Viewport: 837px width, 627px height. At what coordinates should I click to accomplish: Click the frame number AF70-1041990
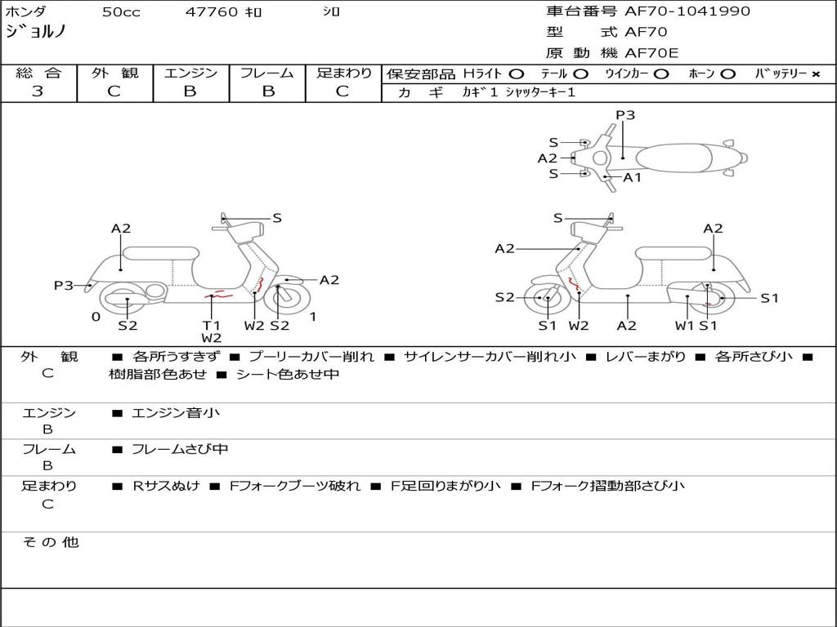click(x=687, y=11)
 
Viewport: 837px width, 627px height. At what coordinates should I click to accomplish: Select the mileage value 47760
click(x=212, y=11)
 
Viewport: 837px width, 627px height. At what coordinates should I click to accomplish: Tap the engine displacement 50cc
click(x=121, y=11)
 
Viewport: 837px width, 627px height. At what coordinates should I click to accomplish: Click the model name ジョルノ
click(x=36, y=32)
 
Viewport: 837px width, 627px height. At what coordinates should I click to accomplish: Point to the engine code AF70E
click(x=651, y=53)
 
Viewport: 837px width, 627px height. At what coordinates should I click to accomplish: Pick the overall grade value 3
click(x=38, y=91)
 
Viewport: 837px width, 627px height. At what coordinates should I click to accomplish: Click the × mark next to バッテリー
click(x=816, y=74)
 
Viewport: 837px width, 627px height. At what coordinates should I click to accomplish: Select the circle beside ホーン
click(x=728, y=74)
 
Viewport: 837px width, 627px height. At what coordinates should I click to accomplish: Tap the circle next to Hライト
click(x=517, y=74)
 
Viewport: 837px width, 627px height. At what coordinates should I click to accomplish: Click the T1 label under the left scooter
click(x=212, y=325)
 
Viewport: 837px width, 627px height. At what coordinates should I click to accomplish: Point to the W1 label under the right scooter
click(x=685, y=325)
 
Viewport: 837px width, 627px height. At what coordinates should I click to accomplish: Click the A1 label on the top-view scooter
click(x=632, y=177)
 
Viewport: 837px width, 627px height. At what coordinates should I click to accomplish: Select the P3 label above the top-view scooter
click(x=625, y=115)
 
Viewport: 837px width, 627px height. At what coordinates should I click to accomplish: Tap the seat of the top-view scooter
click(x=674, y=158)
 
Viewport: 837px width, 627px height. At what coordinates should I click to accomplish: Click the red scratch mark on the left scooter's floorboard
click(x=219, y=294)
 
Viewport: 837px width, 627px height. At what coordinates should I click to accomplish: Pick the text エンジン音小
click(x=176, y=412)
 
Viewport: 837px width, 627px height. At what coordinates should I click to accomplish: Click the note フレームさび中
click(x=180, y=450)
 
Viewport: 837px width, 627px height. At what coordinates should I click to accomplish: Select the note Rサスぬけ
click(x=166, y=486)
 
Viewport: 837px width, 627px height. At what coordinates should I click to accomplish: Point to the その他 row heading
click(x=51, y=542)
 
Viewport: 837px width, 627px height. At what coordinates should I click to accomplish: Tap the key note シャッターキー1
click(x=540, y=92)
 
